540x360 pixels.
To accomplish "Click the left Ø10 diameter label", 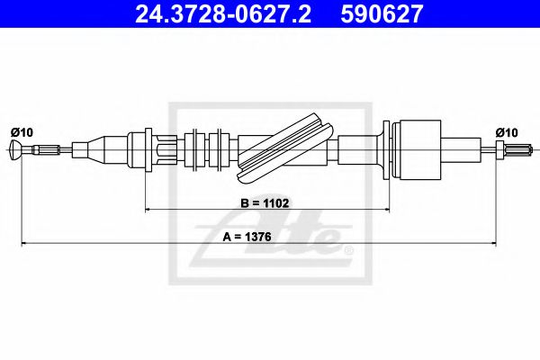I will (x=22, y=132).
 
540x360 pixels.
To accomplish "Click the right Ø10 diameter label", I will (x=508, y=132).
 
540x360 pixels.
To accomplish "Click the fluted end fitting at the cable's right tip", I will (x=513, y=148).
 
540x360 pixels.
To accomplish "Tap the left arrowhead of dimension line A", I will (x=25, y=245).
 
